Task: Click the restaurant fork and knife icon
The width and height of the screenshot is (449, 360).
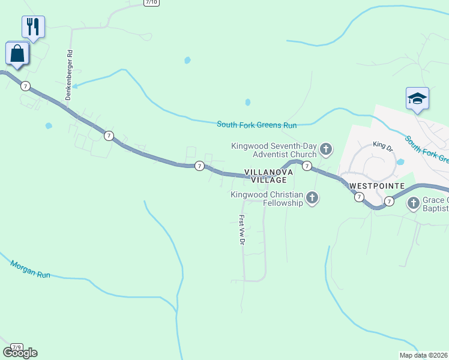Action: point(33,27)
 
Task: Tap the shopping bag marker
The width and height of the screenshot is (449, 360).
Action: point(17,53)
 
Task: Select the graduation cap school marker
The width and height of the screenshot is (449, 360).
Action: point(417,99)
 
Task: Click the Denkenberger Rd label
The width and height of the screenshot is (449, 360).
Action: point(70,74)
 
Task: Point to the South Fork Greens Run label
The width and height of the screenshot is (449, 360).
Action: point(257,125)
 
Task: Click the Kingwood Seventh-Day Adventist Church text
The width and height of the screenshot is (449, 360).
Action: point(274,149)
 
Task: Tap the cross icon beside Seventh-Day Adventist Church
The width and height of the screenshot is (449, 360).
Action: point(326,149)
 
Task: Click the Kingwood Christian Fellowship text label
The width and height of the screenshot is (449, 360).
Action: point(267,199)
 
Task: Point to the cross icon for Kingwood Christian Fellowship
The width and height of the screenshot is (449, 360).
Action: point(312,197)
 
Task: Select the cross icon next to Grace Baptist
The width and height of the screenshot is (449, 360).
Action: point(414,203)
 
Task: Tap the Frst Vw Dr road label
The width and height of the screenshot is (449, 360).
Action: point(243,229)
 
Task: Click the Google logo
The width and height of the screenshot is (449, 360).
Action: point(20,353)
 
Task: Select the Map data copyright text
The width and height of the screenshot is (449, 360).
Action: point(424,355)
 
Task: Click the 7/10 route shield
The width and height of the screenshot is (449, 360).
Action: point(152,2)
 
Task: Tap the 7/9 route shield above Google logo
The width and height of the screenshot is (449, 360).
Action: point(17,347)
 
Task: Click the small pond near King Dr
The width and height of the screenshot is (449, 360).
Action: point(400,162)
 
